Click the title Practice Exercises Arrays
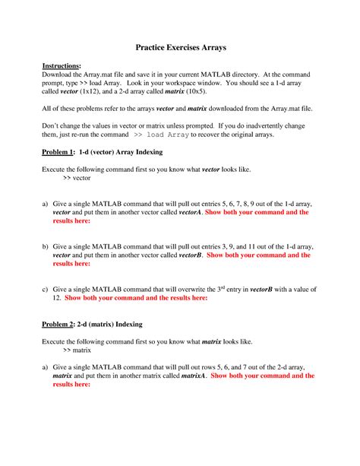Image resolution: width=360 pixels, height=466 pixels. [x=179, y=47]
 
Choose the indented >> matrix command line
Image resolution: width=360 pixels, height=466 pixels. [x=77, y=353]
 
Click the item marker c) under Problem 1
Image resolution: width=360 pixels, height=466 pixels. [x=46, y=290]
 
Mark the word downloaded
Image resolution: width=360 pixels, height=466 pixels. [x=233, y=109]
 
